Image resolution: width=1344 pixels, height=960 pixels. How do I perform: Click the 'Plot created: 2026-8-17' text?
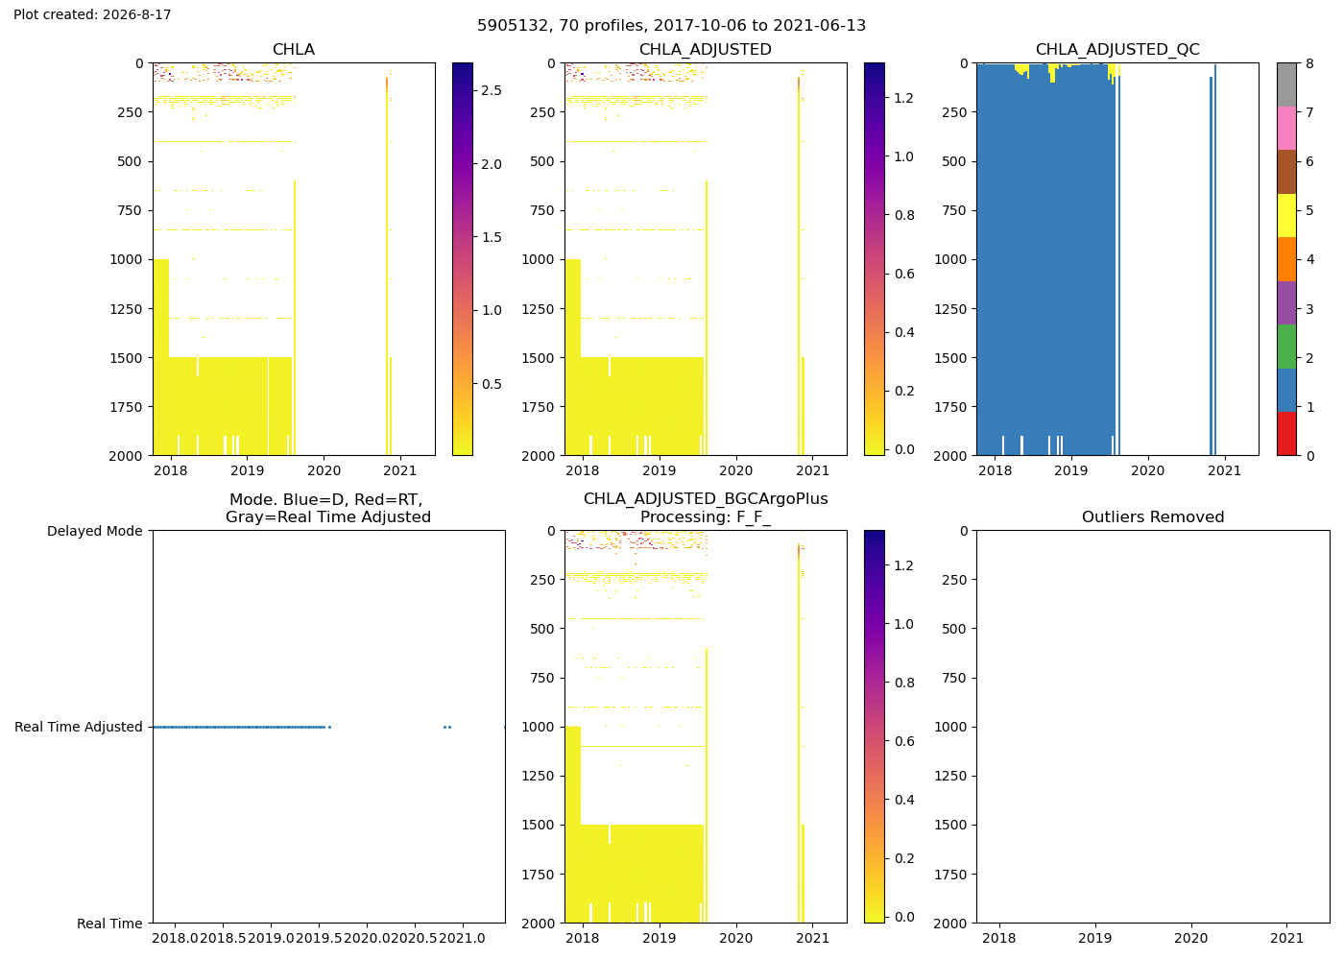tap(92, 14)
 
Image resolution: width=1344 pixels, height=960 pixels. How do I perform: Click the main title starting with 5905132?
tap(671, 26)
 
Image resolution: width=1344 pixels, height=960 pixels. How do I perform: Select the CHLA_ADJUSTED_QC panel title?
tap(1117, 50)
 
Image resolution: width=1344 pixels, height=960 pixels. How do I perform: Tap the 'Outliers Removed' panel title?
tap(1153, 517)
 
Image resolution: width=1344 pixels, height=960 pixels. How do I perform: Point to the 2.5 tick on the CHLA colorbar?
tap(492, 90)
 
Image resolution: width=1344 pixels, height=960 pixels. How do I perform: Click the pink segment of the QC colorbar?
tap(1286, 129)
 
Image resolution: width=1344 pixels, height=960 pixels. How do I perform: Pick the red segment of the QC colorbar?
tap(1286, 434)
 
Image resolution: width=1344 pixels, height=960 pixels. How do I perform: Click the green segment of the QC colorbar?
tap(1286, 347)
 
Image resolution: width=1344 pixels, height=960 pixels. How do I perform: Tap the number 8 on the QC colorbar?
tap(1309, 63)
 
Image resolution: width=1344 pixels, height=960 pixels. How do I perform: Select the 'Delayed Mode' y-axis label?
tap(95, 531)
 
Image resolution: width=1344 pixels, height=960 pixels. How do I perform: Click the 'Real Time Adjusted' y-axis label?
tap(79, 728)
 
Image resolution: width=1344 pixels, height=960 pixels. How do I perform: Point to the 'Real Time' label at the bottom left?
tap(109, 924)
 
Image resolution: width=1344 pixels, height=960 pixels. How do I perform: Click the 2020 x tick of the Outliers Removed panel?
tap(1191, 938)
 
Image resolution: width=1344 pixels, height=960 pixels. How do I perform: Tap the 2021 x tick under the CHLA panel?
tap(400, 470)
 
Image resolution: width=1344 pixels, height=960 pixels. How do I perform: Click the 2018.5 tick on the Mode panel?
tap(223, 938)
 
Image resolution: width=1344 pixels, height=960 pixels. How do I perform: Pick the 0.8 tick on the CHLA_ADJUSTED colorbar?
tap(904, 215)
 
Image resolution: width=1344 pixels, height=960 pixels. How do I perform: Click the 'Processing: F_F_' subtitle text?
tap(706, 517)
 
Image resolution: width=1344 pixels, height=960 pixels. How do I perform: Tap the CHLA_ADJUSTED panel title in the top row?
tap(706, 50)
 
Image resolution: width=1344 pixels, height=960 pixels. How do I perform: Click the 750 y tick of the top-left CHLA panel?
tap(131, 210)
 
